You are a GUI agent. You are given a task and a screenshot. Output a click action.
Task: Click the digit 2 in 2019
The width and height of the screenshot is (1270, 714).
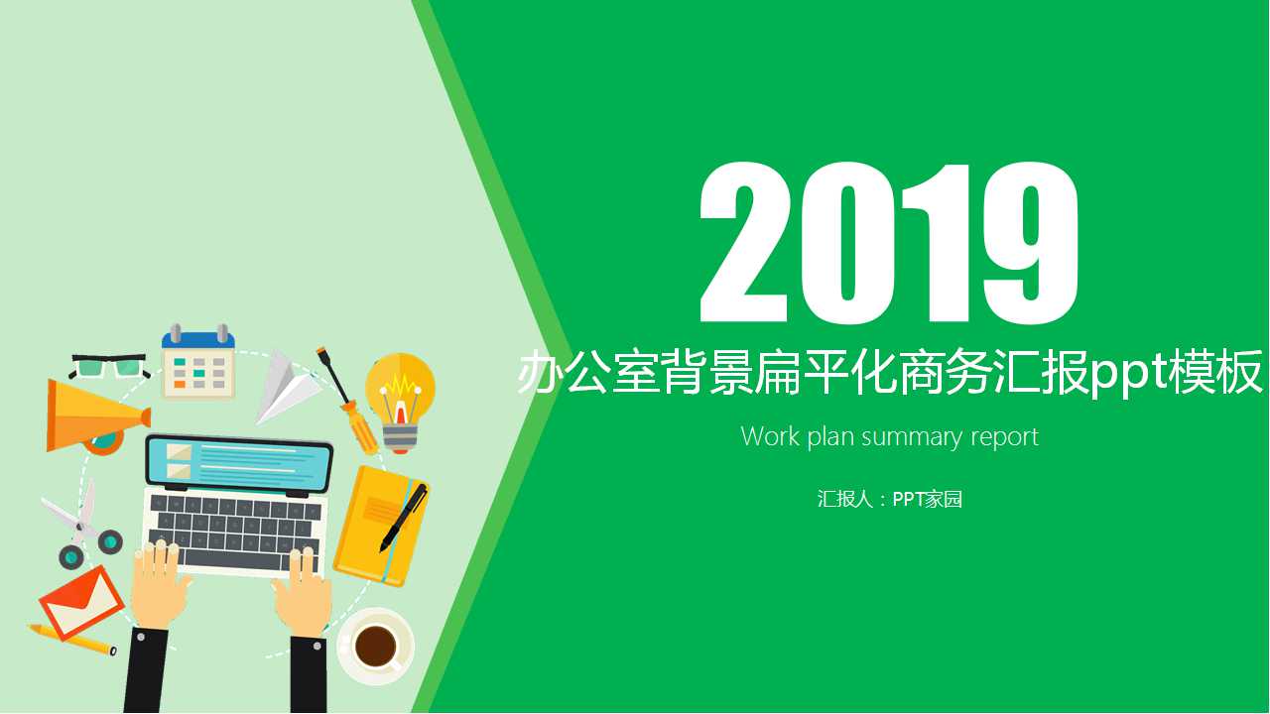pos(746,244)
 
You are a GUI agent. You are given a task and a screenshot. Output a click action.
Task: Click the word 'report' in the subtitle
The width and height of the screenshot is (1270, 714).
pos(1004,437)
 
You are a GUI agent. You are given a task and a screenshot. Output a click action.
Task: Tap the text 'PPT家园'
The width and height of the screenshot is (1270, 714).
pos(928,499)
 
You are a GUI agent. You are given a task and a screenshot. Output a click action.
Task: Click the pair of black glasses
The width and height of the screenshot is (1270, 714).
pos(109,365)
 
